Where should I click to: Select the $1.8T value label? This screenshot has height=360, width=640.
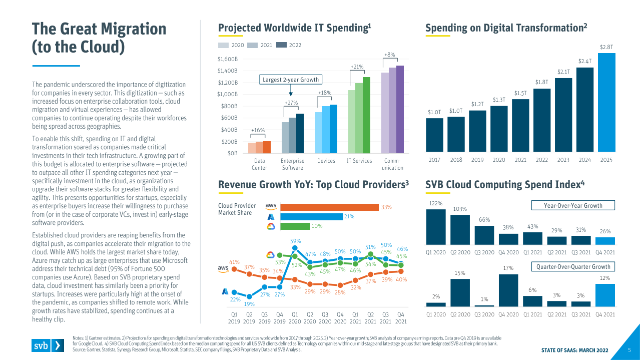click(541, 82)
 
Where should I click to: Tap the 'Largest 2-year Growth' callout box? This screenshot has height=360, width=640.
click(290, 80)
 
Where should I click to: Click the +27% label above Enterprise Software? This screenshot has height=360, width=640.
click(291, 103)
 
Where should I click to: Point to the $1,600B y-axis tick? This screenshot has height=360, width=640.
click(227, 59)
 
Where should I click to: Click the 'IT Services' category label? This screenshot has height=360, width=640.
click(359, 161)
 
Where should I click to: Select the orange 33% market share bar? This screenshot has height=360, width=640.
click(329, 207)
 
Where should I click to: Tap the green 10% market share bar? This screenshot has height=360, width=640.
click(295, 226)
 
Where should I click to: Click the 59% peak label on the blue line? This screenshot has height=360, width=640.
click(295, 241)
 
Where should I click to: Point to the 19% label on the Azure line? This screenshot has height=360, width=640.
click(249, 304)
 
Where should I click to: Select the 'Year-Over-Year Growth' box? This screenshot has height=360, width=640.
click(572, 205)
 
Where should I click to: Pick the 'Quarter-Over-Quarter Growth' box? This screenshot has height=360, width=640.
click(572, 267)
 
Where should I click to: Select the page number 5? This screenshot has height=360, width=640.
click(629, 350)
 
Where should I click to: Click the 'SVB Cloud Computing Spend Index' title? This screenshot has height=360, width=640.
click(505, 185)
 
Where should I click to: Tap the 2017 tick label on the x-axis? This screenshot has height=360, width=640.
click(434, 160)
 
